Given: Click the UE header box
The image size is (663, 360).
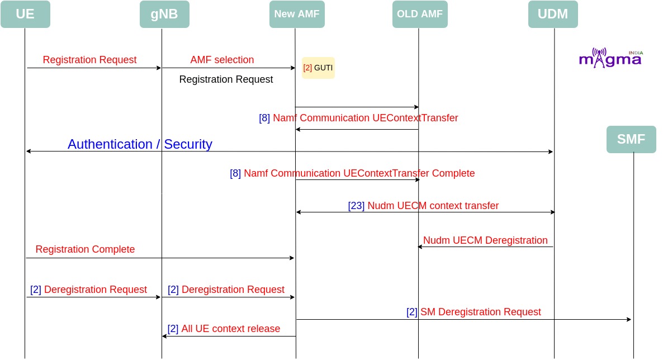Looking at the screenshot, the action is point(25,14).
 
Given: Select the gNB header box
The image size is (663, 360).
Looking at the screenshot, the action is point(164,14).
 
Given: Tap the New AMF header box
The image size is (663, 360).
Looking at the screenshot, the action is point(297,14).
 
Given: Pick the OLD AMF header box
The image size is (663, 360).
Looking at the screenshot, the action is point(420,14).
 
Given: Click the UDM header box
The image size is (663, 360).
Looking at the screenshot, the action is point(553,14).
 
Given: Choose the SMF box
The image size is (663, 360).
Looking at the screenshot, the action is point(631,139).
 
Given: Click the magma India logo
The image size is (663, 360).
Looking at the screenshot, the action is point(610,58).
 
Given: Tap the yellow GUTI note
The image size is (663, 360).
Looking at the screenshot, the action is point(318,68).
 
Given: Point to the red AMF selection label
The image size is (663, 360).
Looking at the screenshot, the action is point(222,60).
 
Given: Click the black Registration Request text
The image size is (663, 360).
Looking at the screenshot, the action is point(226,79).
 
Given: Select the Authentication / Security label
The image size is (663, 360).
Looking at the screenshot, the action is point(140,144).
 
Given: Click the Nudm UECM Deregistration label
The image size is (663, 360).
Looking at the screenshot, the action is point(485,240).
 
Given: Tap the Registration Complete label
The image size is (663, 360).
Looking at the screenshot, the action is point(85,249).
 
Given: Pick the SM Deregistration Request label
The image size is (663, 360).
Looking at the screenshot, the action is point(481,312).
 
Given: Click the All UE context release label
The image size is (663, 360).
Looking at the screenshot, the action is point(231,329).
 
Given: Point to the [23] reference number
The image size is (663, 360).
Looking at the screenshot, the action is point(356,206).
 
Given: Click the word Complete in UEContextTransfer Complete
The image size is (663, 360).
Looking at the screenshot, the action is point(453,173).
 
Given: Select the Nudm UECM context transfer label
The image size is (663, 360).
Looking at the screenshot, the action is point(433,206).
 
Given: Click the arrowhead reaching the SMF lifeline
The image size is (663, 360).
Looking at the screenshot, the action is point(629,319).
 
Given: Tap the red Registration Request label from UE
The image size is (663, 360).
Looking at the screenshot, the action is point(89,60).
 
